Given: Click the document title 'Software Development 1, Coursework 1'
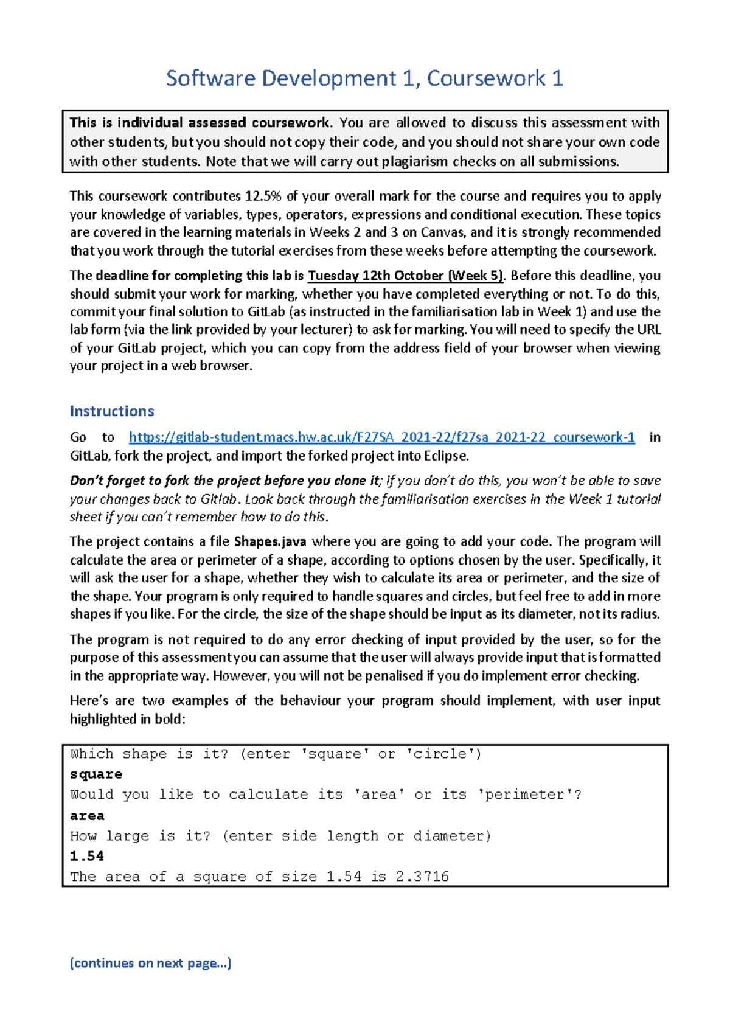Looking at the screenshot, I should click(364, 78).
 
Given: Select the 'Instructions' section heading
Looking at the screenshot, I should click(112, 411).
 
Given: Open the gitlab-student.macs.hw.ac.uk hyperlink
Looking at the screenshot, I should click(381, 437).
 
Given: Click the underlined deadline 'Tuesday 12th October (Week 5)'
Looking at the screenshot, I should click(406, 276).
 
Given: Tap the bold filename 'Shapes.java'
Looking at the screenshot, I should click(270, 541).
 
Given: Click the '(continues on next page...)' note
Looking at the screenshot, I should click(150, 963).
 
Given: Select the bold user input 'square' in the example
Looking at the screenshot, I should click(96, 774).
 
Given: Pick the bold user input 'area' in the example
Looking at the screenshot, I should click(87, 816).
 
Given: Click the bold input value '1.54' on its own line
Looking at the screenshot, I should click(87, 857).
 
